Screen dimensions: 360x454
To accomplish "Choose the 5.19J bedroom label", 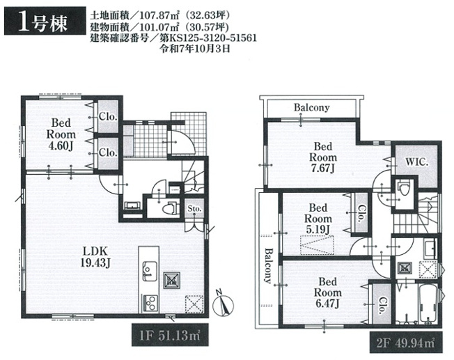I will [318, 219].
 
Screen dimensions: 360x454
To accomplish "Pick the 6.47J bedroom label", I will [327, 292].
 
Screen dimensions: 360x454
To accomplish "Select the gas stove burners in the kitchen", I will [149, 302].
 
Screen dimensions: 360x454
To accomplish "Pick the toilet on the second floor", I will [402, 187].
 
